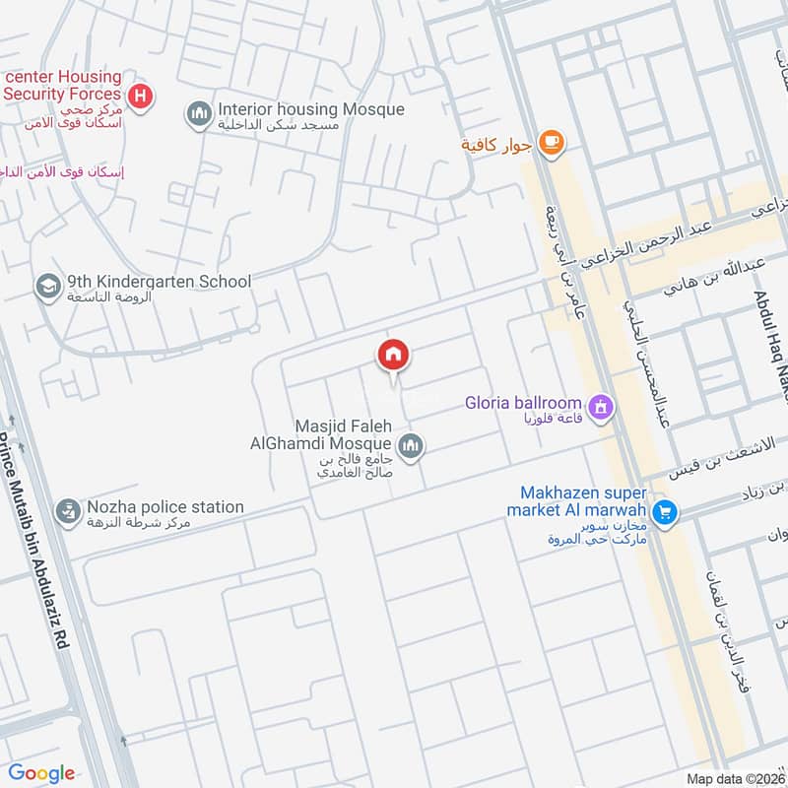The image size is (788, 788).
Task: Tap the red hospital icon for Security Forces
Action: [x=142, y=96]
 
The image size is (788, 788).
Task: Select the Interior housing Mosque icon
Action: [x=200, y=115]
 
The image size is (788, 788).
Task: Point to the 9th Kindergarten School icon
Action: [x=46, y=287]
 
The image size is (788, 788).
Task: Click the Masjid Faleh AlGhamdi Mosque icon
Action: [x=412, y=446]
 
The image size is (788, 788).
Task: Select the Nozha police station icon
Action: [x=68, y=512]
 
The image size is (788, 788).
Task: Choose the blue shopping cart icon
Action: [x=665, y=511]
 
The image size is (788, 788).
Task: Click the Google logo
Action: [x=42, y=773]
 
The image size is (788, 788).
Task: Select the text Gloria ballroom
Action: [x=524, y=404]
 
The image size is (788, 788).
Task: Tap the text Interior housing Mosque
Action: [x=310, y=109]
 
